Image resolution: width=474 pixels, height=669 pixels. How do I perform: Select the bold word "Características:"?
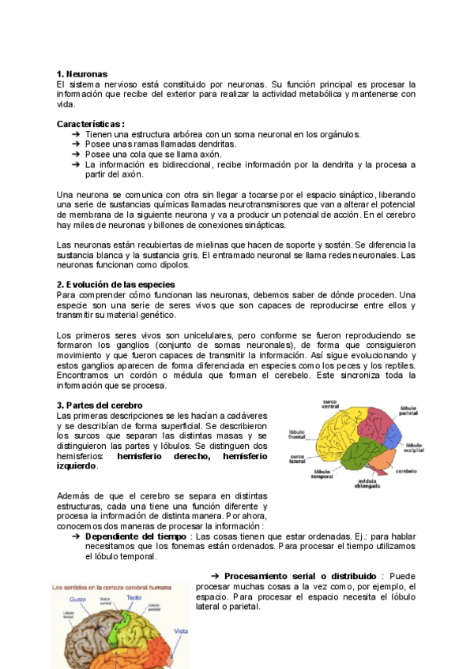pyautogui.click(x=91, y=124)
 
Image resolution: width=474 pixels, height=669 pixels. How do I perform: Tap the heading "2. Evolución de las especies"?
pyautogui.click(x=116, y=284)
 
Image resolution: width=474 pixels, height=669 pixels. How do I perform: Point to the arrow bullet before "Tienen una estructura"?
pyautogui.click(x=76, y=134)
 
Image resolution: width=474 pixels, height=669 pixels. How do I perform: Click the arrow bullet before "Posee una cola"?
pyautogui.click(x=76, y=155)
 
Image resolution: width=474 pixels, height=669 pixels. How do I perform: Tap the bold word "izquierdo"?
pyautogui.click(x=78, y=466)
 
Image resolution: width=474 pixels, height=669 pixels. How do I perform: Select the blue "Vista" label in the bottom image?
pyautogui.click(x=181, y=631)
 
